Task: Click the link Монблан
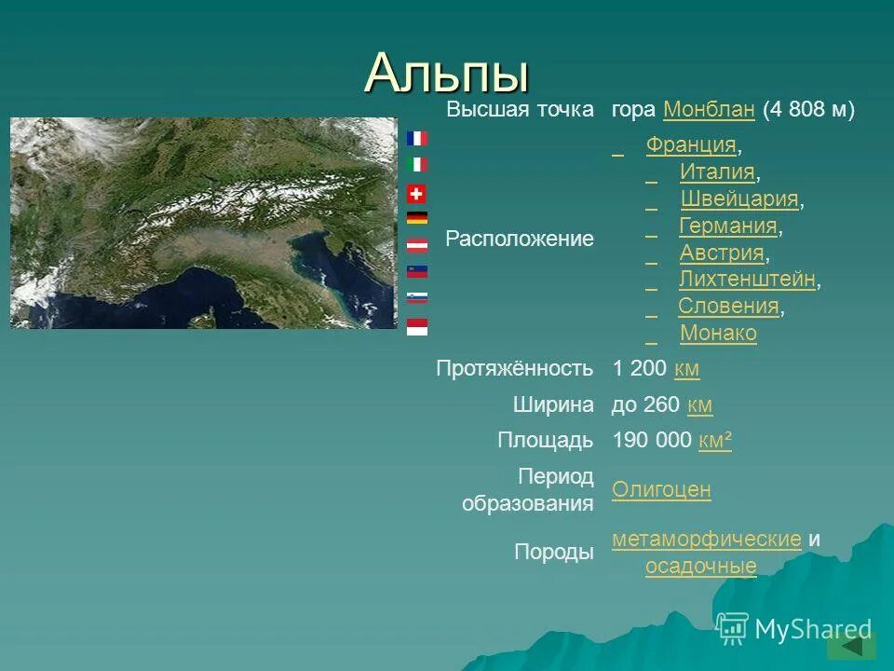click(x=709, y=110)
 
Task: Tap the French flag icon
click(x=417, y=138)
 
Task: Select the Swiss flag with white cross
click(x=417, y=194)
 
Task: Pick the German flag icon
click(x=417, y=218)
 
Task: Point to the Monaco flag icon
click(x=417, y=327)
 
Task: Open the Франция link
click(x=691, y=145)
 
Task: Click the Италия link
click(x=717, y=172)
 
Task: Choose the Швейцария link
click(x=739, y=199)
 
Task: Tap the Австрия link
click(x=722, y=253)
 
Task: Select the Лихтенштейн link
click(x=748, y=280)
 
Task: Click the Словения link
click(x=728, y=307)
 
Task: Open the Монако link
click(x=718, y=334)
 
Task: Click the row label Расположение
click(x=520, y=240)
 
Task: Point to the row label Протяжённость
click(x=515, y=369)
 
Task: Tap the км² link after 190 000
click(x=714, y=441)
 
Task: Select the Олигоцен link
click(x=661, y=490)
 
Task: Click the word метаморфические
click(x=707, y=540)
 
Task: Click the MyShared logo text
click(x=813, y=629)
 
